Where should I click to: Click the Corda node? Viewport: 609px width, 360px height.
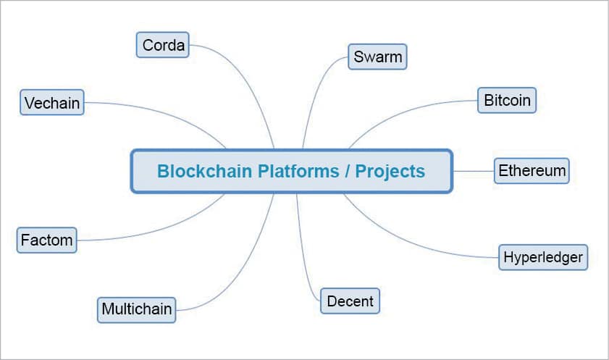click(163, 45)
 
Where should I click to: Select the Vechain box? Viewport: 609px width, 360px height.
click(51, 103)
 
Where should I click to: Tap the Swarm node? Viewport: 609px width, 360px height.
click(377, 57)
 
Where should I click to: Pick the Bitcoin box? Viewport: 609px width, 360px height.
click(507, 100)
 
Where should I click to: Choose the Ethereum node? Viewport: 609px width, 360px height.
click(532, 171)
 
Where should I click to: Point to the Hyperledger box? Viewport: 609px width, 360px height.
click(543, 256)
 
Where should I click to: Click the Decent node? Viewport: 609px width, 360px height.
click(350, 301)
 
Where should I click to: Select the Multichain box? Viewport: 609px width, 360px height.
click(136, 309)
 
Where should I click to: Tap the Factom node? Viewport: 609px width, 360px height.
click(46, 239)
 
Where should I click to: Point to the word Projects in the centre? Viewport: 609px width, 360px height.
click(392, 172)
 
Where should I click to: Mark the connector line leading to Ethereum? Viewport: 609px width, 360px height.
click(473, 172)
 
